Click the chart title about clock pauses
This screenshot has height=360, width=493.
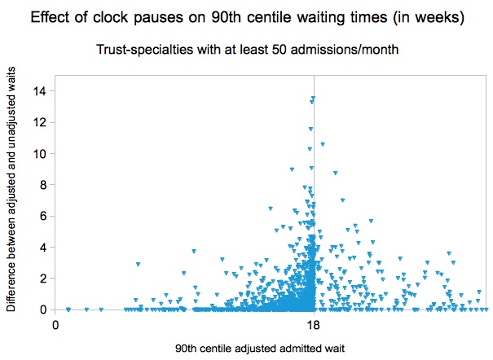coord(248,17)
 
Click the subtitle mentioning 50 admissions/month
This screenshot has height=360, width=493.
coord(247,50)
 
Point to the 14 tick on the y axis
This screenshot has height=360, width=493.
coord(39,91)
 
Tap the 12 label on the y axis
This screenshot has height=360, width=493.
coord(39,122)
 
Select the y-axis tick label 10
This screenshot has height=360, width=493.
coord(39,154)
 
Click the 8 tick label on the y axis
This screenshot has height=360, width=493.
coord(42,185)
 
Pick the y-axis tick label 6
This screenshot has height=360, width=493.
coord(42,216)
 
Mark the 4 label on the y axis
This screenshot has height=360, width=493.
coord(42,248)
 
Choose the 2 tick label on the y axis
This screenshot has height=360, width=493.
coord(42,279)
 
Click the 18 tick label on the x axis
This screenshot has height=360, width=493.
coord(314,325)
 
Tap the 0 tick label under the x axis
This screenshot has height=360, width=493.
coord(55,325)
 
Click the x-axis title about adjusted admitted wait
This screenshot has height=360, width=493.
coord(260,349)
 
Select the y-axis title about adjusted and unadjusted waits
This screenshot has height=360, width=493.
coord(11,189)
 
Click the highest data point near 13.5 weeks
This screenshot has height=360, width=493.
coord(313,98)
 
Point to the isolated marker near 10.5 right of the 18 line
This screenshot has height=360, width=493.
coord(323,144)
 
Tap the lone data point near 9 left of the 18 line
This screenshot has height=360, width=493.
coord(292,169)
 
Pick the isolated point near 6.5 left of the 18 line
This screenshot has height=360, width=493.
coord(271,209)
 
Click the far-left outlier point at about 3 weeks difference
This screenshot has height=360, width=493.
coord(138,264)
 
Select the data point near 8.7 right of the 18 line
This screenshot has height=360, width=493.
coord(336,173)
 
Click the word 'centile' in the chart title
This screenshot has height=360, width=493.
coord(270,17)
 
